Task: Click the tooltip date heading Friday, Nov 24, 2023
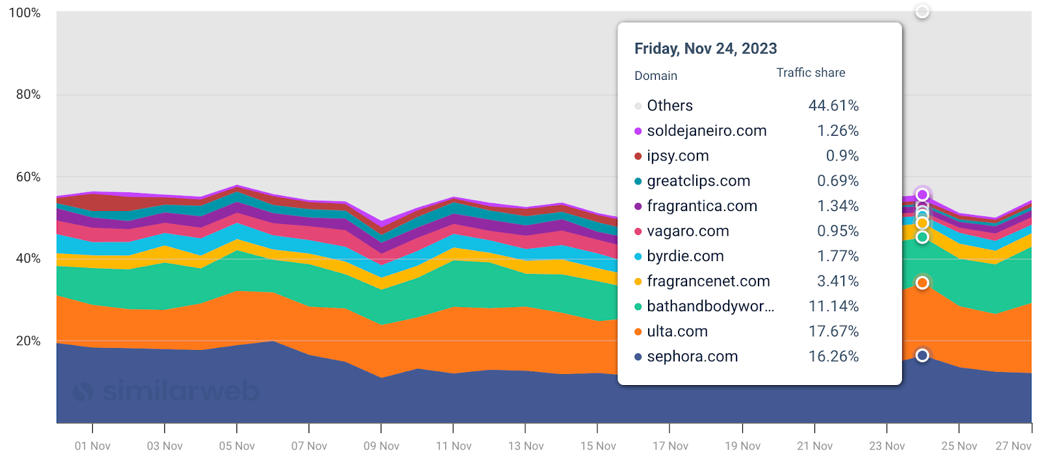point(705,49)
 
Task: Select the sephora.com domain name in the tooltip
point(692,357)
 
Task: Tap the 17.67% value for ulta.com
point(833,331)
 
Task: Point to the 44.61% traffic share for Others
point(833,105)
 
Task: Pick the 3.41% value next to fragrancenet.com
point(838,281)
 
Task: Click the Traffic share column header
point(811,73)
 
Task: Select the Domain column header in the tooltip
point(655,76)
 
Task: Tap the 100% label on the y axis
point(25,13)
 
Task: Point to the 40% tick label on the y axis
point(28,258)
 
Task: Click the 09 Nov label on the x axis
point(381,446)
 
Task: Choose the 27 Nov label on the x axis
point(1013,446)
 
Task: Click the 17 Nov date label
point(670,446)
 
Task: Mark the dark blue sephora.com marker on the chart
point(922,355)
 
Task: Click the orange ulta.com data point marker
point(922,283)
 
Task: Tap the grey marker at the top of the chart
point(922,12)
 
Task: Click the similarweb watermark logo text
point(181,391)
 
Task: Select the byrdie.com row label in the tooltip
point(685,256)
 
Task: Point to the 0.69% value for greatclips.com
point(838,181)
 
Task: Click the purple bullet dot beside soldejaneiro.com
point(638,131)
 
